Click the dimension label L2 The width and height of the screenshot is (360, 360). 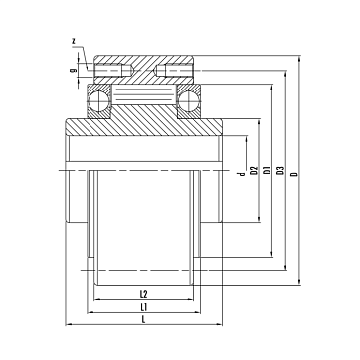[143, 294]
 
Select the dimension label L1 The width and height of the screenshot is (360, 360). [143, 307]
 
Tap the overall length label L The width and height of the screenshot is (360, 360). [143, 319]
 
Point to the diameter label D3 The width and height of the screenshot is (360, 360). [281, 171]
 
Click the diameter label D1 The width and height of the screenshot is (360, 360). [267, 171]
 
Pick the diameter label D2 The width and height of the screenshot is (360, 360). [254, 171]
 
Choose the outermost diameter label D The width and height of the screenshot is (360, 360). [295, 174]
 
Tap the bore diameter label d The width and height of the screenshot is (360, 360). [242, 174]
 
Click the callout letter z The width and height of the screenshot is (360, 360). [75, 41]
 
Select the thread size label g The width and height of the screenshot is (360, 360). [73, 70]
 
